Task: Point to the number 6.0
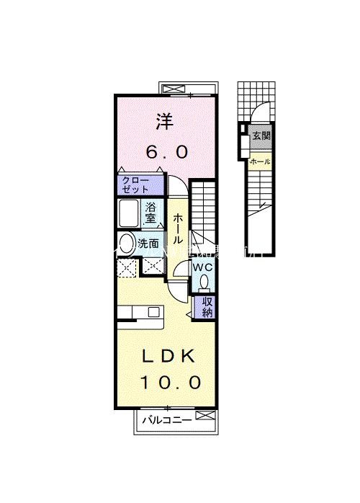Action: pyautogui.click(x=167, y=152)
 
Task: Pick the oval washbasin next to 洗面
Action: pyautogui.click(x=127, y=244)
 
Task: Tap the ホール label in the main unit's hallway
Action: pyautogui.click(x=178, y=228)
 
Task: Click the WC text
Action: pyautogui.click(x=202, y=267)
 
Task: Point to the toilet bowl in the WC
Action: pyautogui.click(x=204, y=282)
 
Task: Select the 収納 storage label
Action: pyautogui.click(x=207, y=307)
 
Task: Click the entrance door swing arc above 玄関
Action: pyautogui.click(x=260, y=114)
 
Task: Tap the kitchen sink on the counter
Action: pyautogui.click(x=153, y=311)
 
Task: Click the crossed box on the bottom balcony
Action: pyautogui.click(x=203, y=417)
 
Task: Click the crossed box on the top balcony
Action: pyautogui.click(x=174, y=89)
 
